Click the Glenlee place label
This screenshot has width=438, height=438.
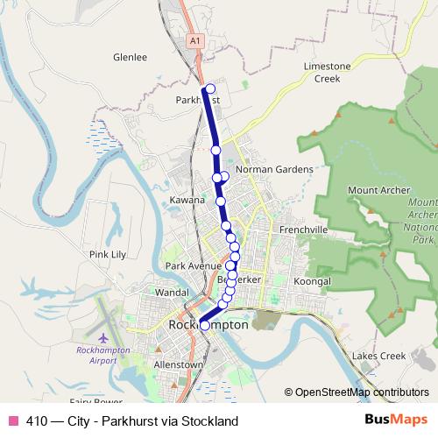[x=130, y=58]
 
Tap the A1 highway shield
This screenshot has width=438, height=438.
[x=194, y=40]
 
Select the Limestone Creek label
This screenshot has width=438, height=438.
[x=327, y=72]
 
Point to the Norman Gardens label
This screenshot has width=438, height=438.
[x=273, y=169]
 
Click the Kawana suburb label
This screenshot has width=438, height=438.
[x=187, y=201]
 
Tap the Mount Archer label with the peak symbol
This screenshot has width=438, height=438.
[x=374, y=190]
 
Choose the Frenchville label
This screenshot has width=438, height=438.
[x=303, y=230]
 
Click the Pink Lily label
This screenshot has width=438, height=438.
[x=109, y=255]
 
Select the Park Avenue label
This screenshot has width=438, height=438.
[x=193, y=265]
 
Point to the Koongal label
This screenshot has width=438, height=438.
[x=313, y=281]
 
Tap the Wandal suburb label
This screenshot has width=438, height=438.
[x=172, y=292]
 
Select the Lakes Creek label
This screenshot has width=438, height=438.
[x=378, y=357]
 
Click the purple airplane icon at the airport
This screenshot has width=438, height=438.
[x=104, y=337]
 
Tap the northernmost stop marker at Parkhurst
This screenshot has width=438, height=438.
[x=208, y=88]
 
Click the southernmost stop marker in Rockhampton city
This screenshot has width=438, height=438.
[x=205, y=325]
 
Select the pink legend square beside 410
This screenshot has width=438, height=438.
[x=12, y=421]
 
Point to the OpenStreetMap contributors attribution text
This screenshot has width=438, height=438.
[x=357, y=393]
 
